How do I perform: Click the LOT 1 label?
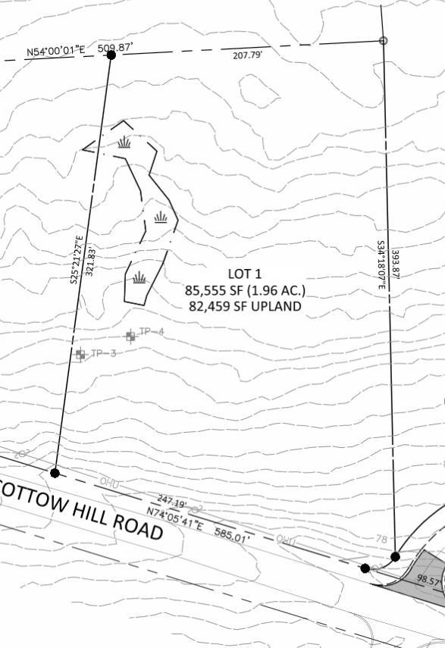pyautogui.click(x=245, y=273)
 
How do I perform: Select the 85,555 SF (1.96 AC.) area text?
pyautogui.click(x=245, y=290)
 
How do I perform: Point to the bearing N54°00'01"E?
pyautogui.click(x=56, y=51)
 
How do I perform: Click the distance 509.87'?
pyautogui.click(x=116, y=49)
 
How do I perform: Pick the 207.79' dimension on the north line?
pyautogui.click(x=246, y=55)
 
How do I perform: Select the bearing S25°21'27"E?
pyautogui.click(x=75, y=258)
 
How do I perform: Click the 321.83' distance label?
pyautogui.click(x=89, y=261)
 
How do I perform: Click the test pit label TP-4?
pyautogui.click(x=152, y=332)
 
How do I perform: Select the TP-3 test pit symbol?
pyautogui.click(x=80, y=354)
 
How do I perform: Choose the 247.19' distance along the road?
pyautogui.click(x=172, y=502)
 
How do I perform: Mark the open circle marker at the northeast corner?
pyautogui.click(x=383, y=41)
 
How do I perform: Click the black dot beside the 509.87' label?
pyautogui.click(x=111, y=55)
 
